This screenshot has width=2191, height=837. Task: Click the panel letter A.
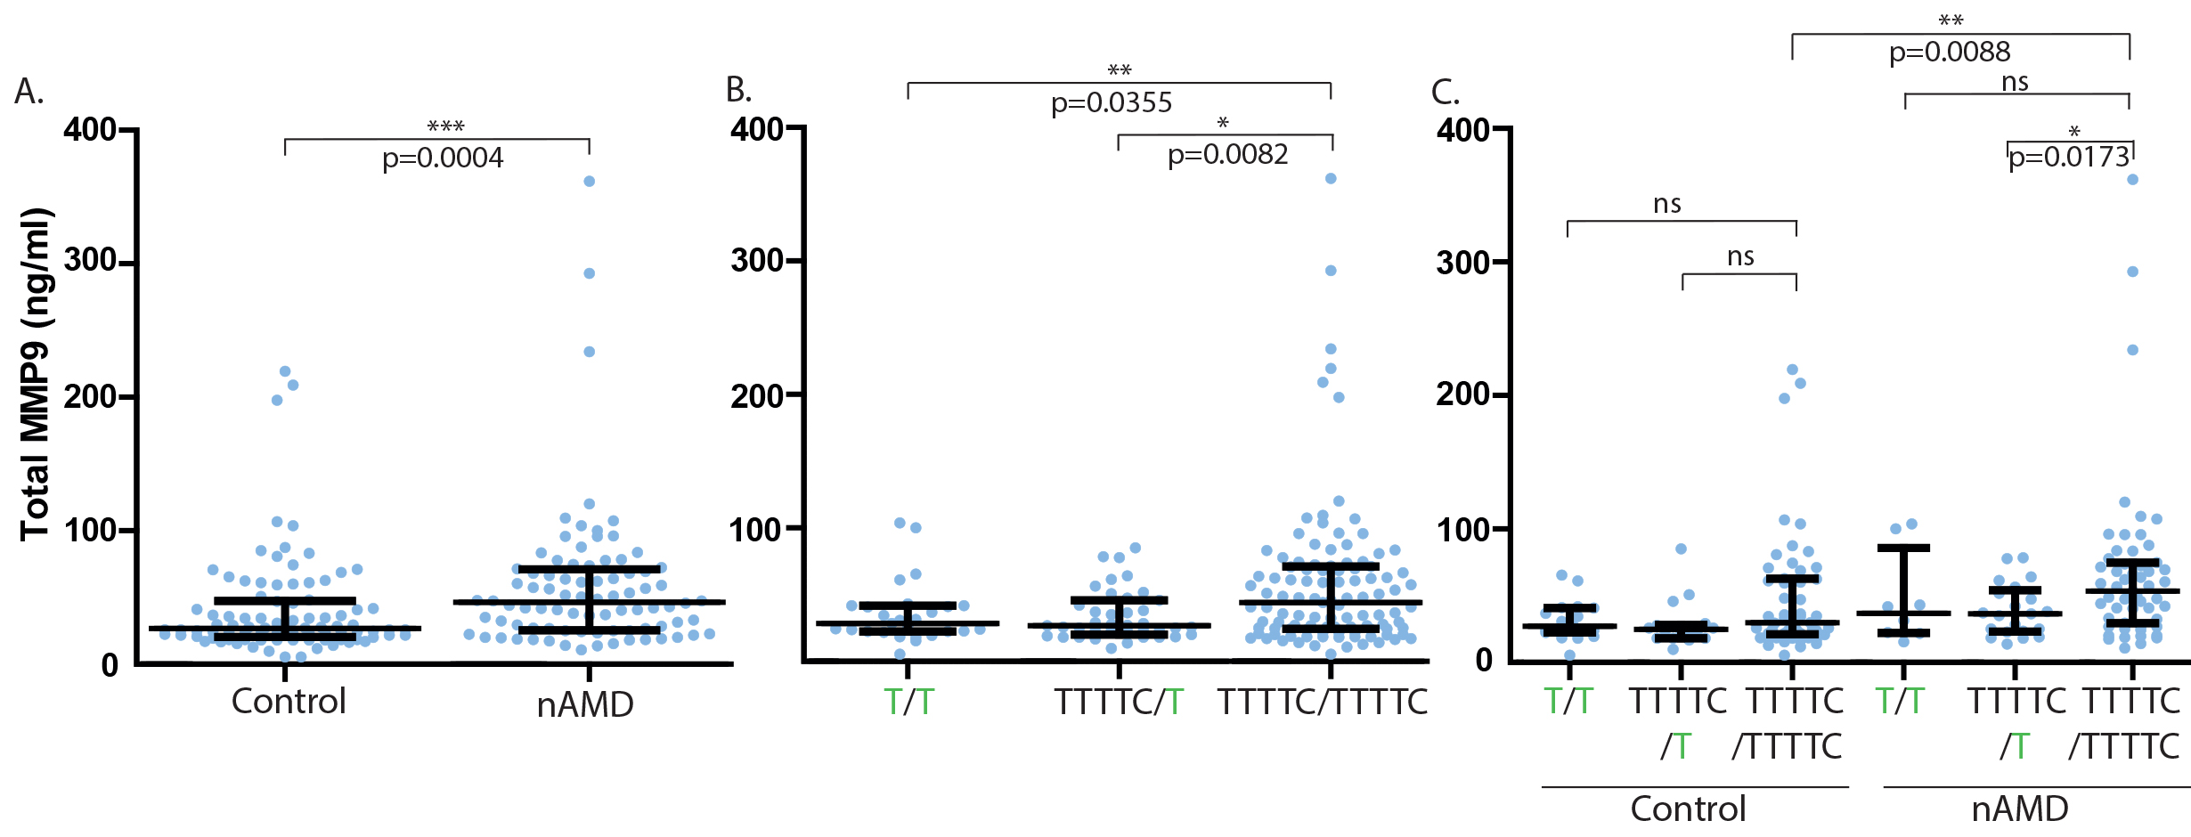29,92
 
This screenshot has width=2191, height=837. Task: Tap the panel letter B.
738,90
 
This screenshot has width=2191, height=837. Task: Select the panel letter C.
1445,93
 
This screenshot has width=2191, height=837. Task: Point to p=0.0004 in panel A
443,158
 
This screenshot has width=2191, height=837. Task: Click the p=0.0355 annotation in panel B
1112,103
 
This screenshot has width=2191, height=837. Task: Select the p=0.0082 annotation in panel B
1227,155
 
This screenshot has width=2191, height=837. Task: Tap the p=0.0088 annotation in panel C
1950,53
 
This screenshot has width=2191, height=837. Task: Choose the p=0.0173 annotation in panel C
2069,158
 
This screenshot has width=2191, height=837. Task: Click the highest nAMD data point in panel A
589,182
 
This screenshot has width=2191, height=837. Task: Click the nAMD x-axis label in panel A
585,705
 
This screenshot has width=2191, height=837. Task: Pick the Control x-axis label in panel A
289,702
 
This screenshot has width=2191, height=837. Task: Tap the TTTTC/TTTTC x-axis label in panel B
1323,703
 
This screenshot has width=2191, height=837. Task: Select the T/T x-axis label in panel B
908,703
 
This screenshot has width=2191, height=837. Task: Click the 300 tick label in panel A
90,261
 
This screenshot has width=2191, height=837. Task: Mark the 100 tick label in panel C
1462,530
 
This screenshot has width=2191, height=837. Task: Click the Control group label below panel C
1688,809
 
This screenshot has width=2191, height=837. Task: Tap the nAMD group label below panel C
2020,809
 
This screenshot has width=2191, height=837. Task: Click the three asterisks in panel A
445,126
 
